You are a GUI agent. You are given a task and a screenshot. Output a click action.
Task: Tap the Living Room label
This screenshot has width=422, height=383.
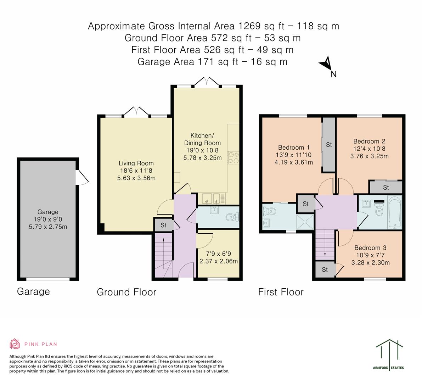[136, 163]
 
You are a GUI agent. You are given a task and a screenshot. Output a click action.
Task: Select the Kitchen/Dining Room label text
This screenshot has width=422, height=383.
[202, 139]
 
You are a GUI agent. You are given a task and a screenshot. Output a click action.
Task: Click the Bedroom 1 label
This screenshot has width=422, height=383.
[293, 148]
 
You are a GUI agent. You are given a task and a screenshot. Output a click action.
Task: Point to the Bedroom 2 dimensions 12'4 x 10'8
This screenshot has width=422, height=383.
[369, 149]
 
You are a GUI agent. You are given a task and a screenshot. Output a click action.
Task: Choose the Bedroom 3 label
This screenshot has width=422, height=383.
[370, 248]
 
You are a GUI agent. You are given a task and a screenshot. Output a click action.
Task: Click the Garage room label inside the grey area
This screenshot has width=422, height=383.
[48, 212]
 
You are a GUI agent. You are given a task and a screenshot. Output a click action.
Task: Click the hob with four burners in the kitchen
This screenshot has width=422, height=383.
[233, 157]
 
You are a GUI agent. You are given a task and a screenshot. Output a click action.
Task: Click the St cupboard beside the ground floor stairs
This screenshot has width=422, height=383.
[163, 225]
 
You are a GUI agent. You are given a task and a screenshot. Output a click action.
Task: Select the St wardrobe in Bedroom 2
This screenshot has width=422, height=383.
[386, 187]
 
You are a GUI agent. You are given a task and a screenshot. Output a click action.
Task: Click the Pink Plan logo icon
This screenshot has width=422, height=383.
[15, 344]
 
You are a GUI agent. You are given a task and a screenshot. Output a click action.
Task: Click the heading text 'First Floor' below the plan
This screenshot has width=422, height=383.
[281, 292]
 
